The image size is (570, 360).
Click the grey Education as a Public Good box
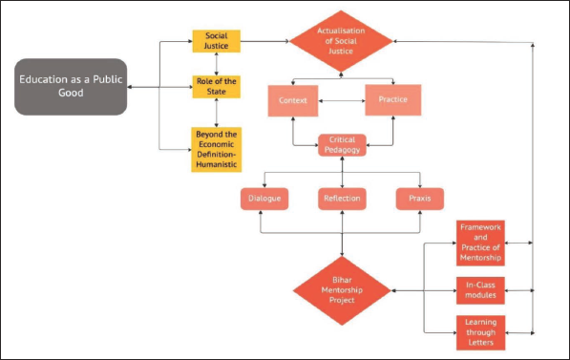click(x=71, y=87)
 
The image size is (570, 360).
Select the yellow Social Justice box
click(x=217, y=41)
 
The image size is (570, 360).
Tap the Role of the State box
click(x=217, y=87)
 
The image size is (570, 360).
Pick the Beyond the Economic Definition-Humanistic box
click(x=217, y=150)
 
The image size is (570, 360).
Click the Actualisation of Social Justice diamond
click(x=341, y=41)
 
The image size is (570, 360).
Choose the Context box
click(x=293, y=100)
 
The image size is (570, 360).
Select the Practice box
click(x=393, y=100)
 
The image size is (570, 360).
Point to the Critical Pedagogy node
click(x=342, y=145)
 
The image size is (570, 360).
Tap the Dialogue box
click(x=264, y=199)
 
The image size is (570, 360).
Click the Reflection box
click(x=342, y=199)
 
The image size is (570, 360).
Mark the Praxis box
click(x=420, y=199)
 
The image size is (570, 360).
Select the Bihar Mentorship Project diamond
click(x=342, y=290)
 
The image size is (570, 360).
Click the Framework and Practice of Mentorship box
click(x=480, y=243)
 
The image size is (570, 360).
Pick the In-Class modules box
click(x=480, y=290)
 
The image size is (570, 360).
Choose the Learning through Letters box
click(x=480, y=332)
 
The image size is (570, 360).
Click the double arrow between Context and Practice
click(x=342, y=100)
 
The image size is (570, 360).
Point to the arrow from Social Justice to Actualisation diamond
click(x=264, y=41)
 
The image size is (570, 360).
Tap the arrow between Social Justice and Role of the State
click(x=217, y=64)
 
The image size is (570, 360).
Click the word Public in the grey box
click(x=108, y=79)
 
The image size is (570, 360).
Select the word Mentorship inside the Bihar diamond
click(x=342, y=290)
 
